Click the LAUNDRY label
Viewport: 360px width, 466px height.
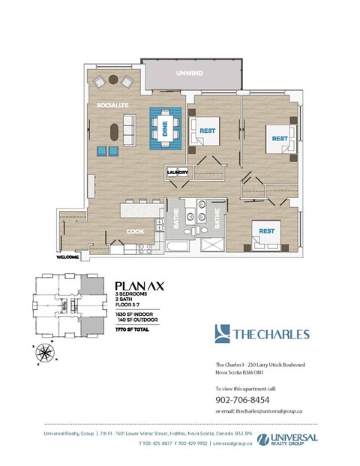pyautogui.click(x=177, y=172)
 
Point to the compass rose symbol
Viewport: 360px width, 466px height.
pyautogui.click(x=47, y=351)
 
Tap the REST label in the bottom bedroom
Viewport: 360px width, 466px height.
pyautogui.click(x=266, y=231)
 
